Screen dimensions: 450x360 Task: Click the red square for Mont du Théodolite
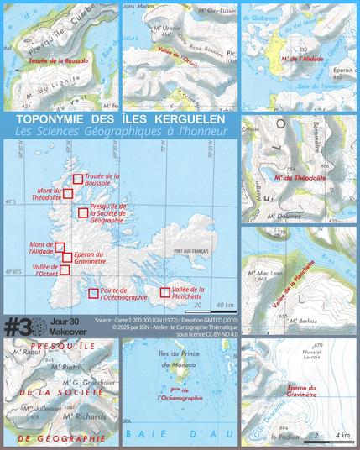point(68,193)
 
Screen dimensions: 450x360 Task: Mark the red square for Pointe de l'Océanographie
point(94,292)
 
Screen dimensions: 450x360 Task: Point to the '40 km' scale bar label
point(224,304)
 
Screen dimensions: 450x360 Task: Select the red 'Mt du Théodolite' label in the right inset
point(300,178)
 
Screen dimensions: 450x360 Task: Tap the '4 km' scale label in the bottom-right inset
point(342,437)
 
